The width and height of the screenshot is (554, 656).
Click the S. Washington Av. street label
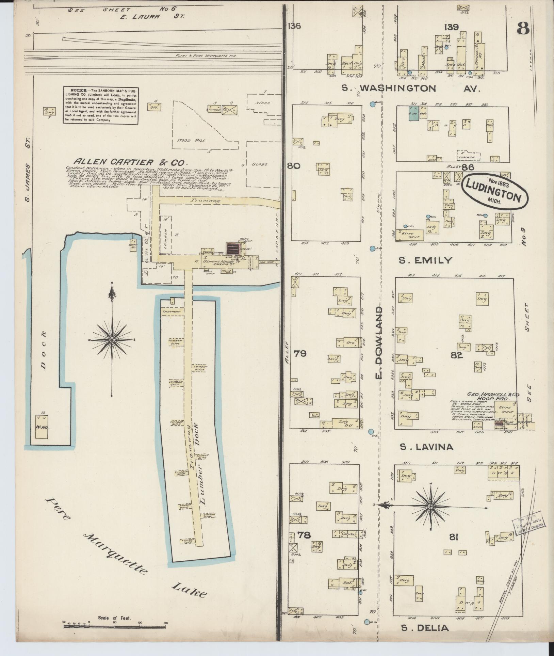click(411, 89)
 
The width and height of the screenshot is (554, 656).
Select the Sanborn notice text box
click(100, 105)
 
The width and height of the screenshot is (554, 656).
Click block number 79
click(300, 354)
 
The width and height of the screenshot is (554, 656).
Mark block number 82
click(456, 355)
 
